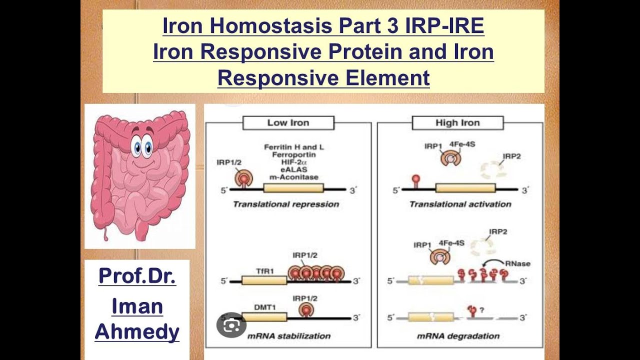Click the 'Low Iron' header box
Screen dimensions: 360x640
[x=288, y=123]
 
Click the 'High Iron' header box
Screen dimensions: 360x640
[x=457, y=123]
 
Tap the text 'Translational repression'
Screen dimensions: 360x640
[x=286, y=204]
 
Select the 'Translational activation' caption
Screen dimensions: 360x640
[x=460, y=204]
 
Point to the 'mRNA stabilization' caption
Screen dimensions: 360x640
[x=289, y=336]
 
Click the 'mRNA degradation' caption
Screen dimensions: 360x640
[x=458, y=336]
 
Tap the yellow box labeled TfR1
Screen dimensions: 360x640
[x=264, y=280]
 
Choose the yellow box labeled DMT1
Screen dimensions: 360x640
[x=264, y=317]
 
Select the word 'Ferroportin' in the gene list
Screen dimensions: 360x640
[x=292, y=155]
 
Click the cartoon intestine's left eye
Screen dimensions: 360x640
[x=136, y=147]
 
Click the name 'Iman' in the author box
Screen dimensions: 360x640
[x=137, y=306]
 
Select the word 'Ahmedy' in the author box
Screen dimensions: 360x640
[x=137, y=331]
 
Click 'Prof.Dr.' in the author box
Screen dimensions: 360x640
[x=137, y=276]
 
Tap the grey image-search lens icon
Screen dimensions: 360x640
[x=231, y=325]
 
